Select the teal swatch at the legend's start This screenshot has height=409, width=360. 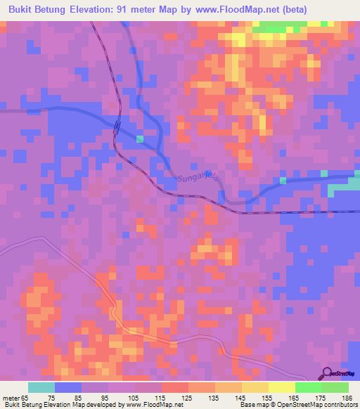coord(41,387)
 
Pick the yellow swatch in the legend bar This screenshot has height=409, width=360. coord(281,387)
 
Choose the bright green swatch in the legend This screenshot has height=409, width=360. coord(308,387)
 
